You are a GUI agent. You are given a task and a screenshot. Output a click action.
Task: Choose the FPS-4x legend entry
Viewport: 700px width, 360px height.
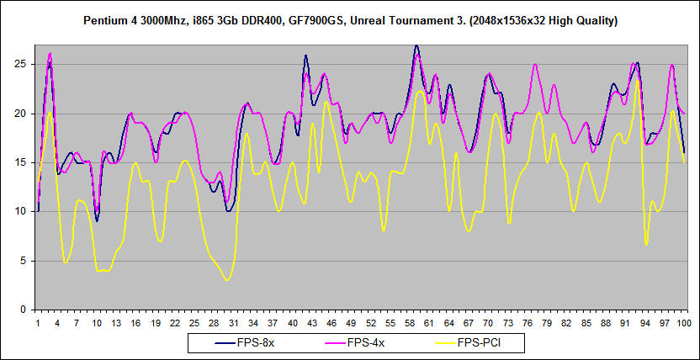(x=367, y=343)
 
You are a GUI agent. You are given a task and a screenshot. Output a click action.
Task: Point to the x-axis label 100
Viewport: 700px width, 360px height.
(x=684, y=322)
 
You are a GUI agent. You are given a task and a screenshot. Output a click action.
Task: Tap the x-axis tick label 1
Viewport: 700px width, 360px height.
(x=38, y=322)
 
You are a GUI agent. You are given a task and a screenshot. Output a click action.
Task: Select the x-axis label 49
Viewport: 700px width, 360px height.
(x=351, y=322)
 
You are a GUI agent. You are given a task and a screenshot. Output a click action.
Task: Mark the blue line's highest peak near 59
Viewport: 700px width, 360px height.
(x=416, y=46)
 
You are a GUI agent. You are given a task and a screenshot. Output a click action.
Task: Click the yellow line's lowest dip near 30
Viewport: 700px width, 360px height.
(x=227, y=279)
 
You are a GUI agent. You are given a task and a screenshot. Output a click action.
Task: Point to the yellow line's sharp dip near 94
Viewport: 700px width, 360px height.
(x=646, y=244)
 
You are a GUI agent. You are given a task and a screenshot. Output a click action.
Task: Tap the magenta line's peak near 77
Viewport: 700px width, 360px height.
(x=535, y=64)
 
